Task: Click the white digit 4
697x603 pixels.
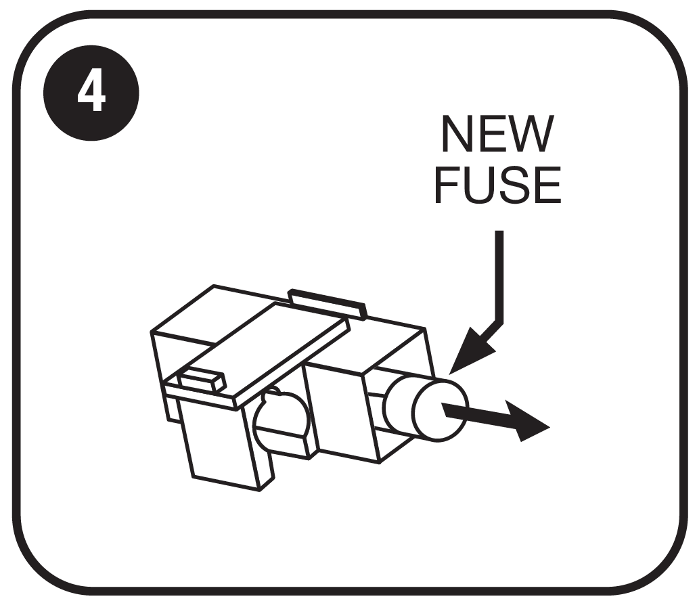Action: coord(91,94)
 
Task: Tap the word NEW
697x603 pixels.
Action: coord(498,134)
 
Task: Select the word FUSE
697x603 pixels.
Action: coord(497,185)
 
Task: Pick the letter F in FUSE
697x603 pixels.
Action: coord(447,185)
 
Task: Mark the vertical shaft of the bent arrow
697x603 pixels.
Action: coord(499,275)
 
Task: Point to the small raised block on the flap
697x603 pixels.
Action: coord(203,380)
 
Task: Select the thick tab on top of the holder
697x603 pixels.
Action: coord(327,304)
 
